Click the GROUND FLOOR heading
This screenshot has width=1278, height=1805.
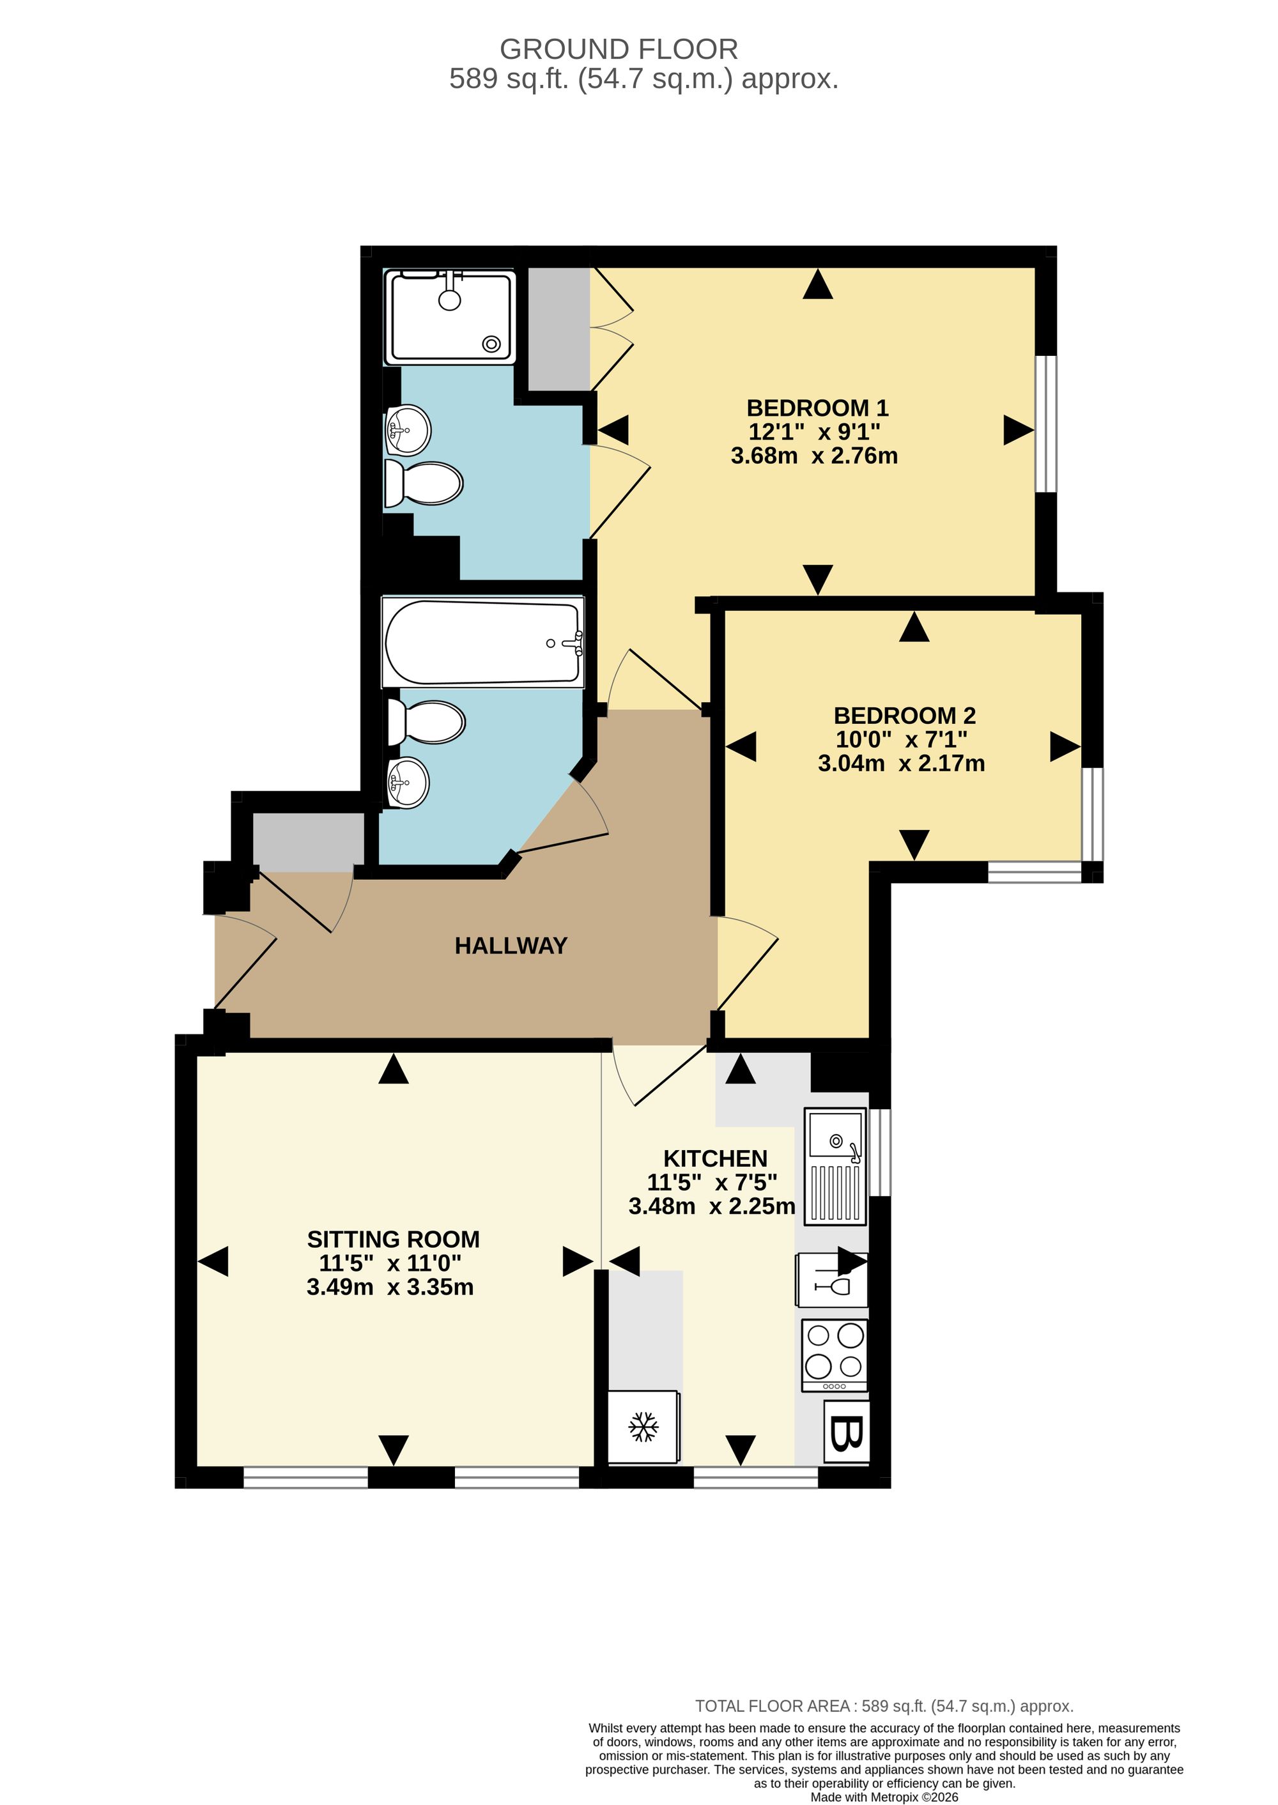[x=619, y=50]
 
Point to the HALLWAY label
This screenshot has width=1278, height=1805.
[x=511, y=945]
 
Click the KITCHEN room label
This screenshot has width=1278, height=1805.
[x=715, y=1158]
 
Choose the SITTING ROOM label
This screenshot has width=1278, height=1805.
[x=393, y=1240]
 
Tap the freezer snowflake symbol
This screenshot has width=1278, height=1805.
[x=643, y=1427]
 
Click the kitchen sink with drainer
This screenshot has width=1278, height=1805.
[x=835, y=1166]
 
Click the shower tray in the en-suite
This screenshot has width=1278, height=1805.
[x=449, y=316]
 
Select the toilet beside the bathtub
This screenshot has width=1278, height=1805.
[x=426, y=721]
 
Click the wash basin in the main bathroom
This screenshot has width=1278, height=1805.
[x=408, y=782]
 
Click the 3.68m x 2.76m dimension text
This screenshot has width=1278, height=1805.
[x=815, y=456]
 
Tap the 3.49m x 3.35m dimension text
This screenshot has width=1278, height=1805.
[x=390, y=1287]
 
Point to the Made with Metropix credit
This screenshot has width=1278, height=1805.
[x=884, y=1796]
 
